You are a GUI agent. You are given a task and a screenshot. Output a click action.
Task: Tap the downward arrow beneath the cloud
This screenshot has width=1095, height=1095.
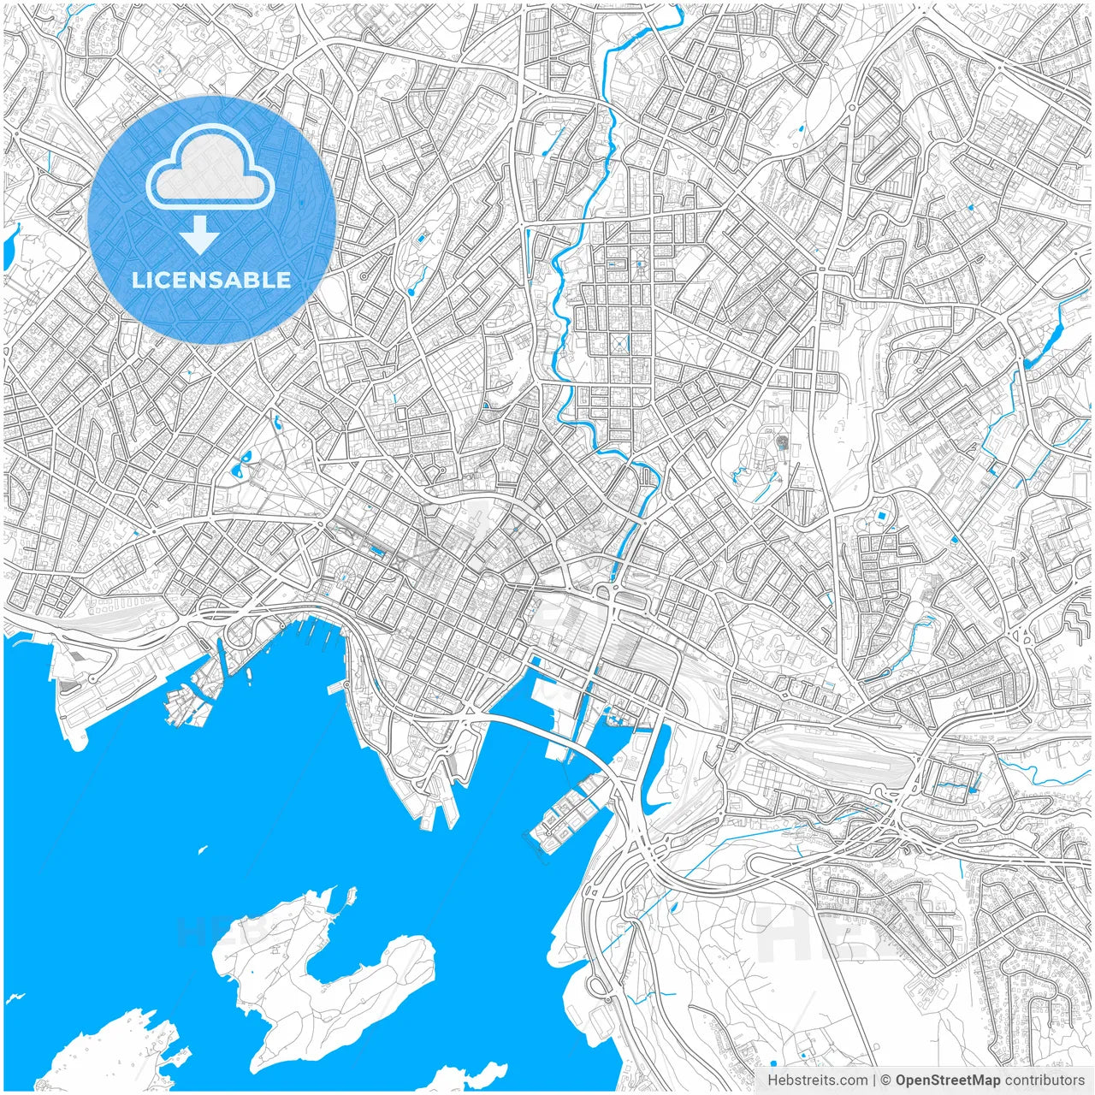[199, 235]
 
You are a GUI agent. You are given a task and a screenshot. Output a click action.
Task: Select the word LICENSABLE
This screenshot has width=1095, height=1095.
[210, 280]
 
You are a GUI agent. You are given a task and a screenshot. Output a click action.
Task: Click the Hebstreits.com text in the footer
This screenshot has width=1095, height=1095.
[817, 1080]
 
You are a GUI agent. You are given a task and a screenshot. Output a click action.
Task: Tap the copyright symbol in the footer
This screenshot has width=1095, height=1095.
[887, 1080]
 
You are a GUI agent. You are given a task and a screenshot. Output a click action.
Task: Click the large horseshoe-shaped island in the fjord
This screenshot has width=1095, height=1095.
[325, 975]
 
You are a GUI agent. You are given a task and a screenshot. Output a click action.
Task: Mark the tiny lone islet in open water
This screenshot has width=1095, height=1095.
[202, 849]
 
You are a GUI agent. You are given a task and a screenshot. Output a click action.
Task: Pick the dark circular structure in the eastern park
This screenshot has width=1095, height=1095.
[782, 442]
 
